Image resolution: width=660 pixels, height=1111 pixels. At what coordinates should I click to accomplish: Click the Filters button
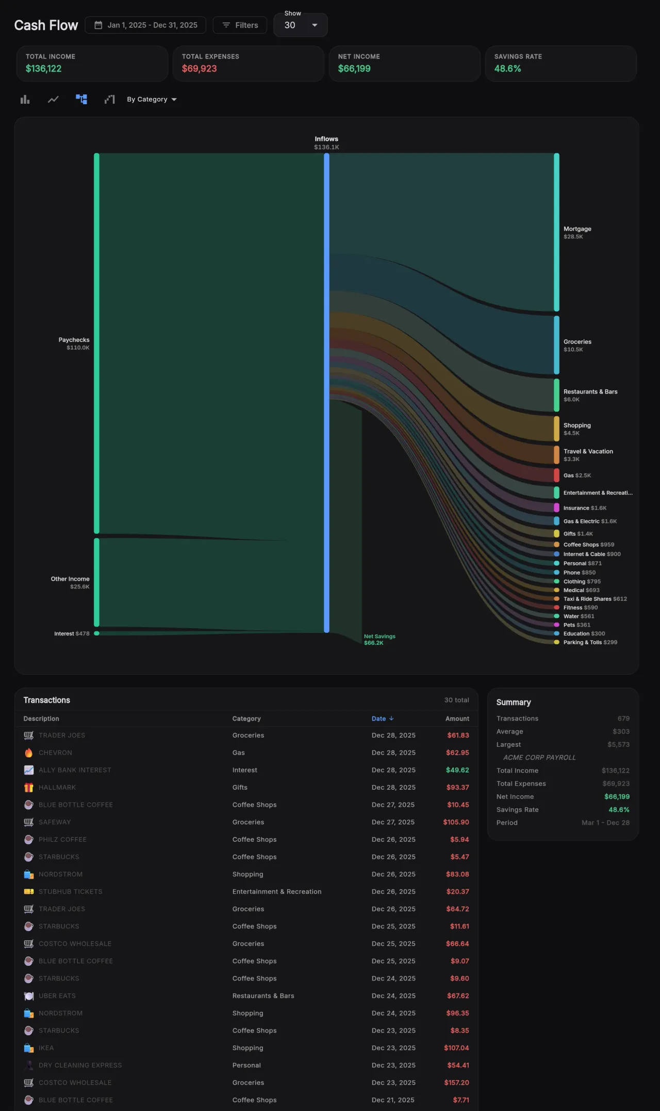click(240, 25)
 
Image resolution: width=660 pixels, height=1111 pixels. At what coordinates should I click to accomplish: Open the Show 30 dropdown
click(300, 25)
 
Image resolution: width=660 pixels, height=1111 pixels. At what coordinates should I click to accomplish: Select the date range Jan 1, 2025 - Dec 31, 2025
click(145, 25)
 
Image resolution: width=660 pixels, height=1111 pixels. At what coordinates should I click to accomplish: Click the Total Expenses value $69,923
click(199, 69)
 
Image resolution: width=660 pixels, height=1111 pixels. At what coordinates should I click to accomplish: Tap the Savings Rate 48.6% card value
click(507, 69)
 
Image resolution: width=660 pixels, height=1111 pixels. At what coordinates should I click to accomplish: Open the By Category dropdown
click(152, 100)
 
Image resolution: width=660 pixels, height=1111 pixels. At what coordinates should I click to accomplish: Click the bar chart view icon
click(25, 100)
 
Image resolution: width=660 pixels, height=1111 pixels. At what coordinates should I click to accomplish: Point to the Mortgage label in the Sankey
click(577, 229)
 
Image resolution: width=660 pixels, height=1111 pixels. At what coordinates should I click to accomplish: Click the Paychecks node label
click(74, 340)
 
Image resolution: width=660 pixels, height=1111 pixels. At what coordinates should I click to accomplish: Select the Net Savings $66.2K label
click(379, 640)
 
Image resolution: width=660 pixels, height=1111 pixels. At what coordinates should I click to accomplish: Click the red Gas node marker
click(556, 475)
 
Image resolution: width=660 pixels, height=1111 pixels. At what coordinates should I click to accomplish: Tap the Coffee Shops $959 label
click(588, 545)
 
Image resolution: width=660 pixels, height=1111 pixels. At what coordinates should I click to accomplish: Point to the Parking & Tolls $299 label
click(590, 642)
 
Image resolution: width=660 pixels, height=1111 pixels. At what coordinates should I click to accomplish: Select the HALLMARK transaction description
click(57, 788)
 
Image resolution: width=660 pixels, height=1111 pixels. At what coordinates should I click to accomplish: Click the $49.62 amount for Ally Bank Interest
click(457, 770)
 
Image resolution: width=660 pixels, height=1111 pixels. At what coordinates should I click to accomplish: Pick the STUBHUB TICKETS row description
click(71, 892)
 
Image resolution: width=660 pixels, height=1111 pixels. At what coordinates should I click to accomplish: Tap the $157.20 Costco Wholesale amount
click(456, 1083)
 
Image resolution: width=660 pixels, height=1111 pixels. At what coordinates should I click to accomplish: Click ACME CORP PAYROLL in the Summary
click(539, 758)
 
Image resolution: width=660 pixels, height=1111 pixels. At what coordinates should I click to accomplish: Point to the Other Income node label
click(70, 579)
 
